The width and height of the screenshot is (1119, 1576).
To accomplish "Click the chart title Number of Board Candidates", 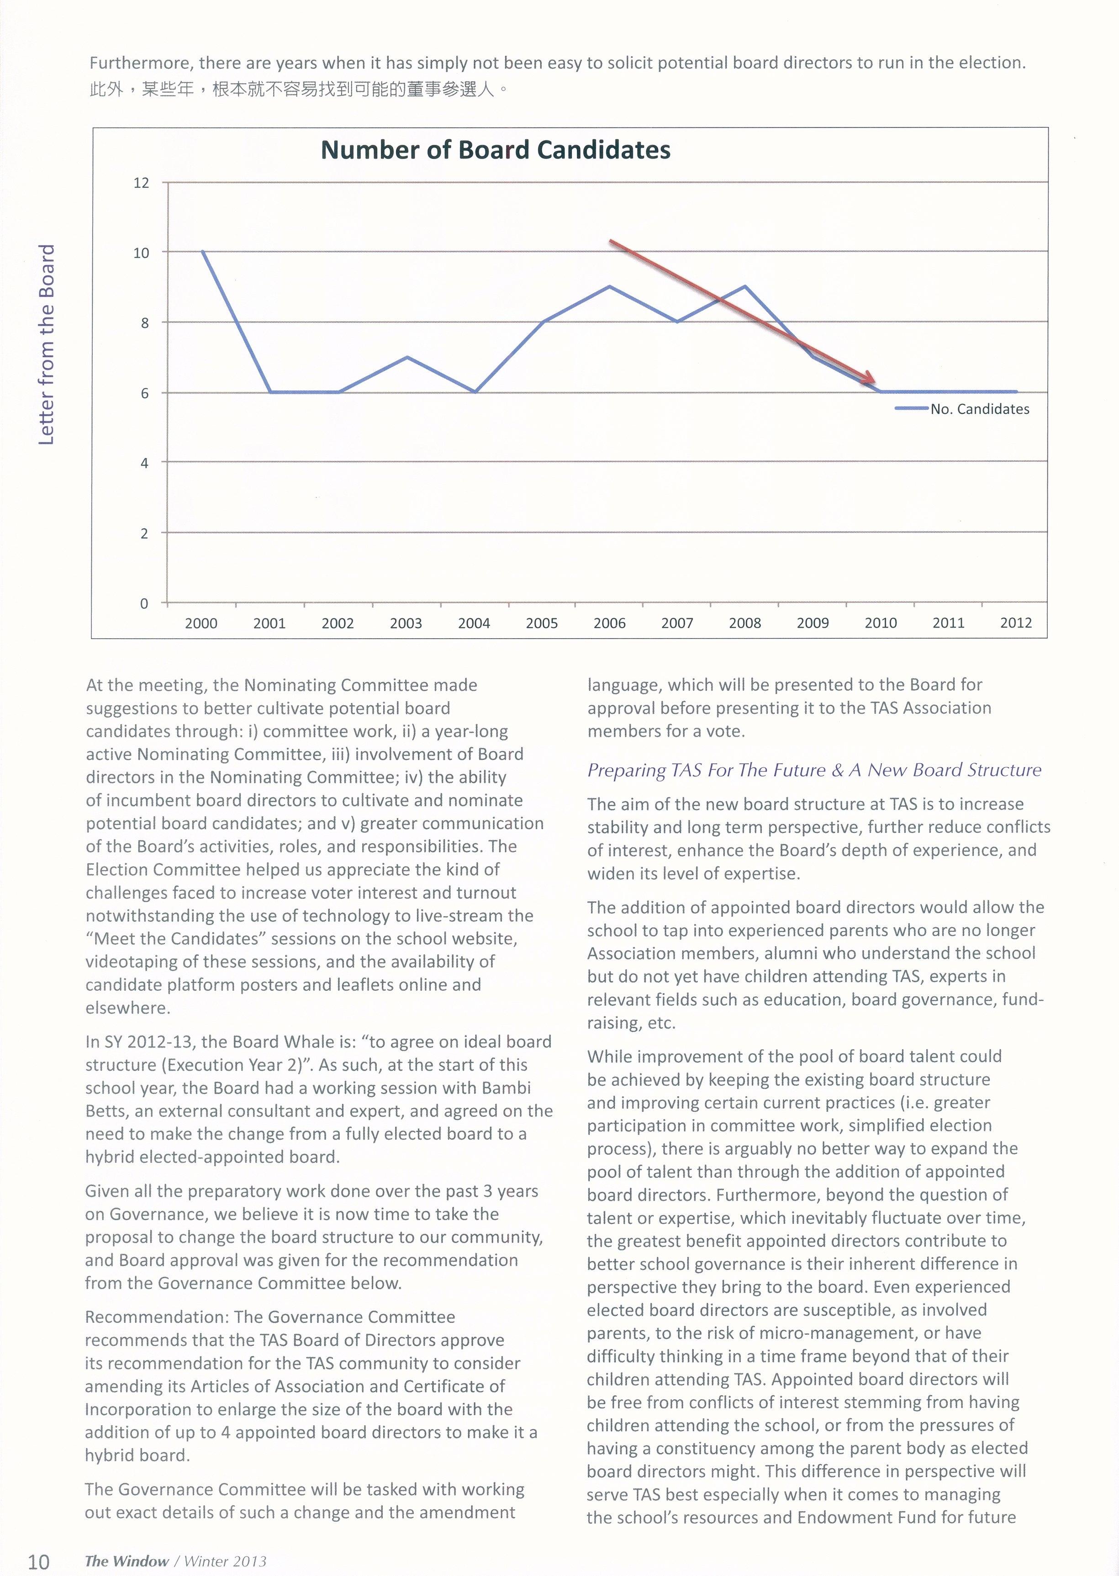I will (496, 150).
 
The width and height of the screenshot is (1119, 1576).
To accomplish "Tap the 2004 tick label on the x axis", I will (474, 624).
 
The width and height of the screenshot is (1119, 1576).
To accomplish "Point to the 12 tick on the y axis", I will (141, 183).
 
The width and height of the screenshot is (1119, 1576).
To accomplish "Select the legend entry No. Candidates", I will (979, 409).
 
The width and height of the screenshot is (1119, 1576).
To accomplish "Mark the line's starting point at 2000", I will (203, 252).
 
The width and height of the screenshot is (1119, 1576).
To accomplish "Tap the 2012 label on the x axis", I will (1016, 624).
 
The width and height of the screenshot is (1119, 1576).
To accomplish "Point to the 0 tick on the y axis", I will (144, 603).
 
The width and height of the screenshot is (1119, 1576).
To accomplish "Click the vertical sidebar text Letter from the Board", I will (46, 344).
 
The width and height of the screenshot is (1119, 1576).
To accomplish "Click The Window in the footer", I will (127, 1561).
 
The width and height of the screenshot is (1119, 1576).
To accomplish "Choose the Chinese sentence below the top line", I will (299, 90).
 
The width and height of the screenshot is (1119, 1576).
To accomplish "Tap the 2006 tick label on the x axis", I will (610, 624).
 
